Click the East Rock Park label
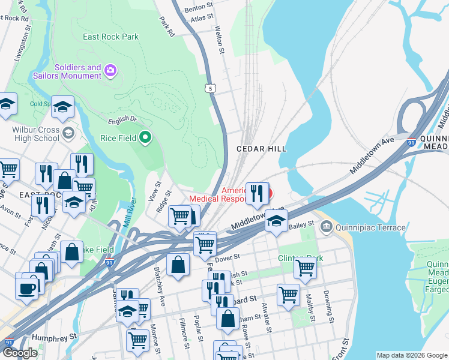(x=111, y=37)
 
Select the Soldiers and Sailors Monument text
(x=78, y=71)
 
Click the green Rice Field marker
(x=145, y=138)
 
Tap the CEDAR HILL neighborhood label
(x=261, y=148)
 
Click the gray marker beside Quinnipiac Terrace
(x=327, y=226)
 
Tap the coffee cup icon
(x=26, y=287)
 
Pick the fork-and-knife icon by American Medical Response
(x=257, y=193)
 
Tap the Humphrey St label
(x=55, y=338)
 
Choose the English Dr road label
(x=122, y=119)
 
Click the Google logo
(x=20, y=353)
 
